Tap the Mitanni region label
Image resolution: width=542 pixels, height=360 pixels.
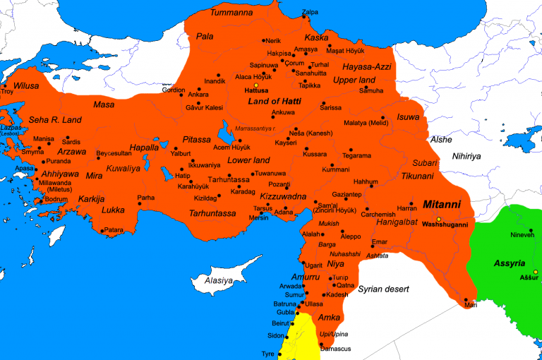click(x=441, y=205)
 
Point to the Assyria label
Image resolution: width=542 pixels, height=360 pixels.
click(x=509, y=263)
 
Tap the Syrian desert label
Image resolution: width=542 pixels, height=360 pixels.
click(x=385, y=289)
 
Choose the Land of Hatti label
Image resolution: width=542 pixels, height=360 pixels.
click(x=275, y=102)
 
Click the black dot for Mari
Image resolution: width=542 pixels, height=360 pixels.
click(x=466, y=299)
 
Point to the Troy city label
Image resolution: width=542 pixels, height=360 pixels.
click(x=7, y=91)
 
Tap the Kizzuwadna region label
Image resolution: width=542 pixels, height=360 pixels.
click(x=283, y=197)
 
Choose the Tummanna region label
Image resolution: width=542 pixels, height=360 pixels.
click(x=233, y=13)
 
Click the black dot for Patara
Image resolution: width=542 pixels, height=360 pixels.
click(x=103, y=230)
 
